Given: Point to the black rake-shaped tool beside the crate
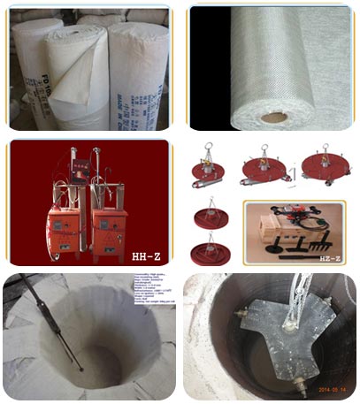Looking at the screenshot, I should [315, 238].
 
